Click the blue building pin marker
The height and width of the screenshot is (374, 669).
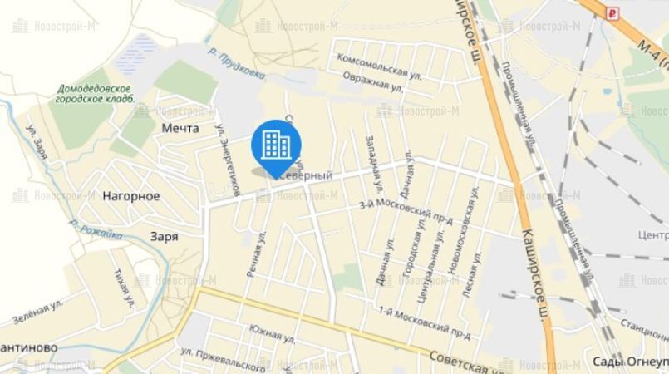point(275,145)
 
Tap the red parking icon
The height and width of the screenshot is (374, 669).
point(613,12)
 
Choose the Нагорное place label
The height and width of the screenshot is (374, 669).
point(130,196)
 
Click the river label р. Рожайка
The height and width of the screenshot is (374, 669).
point(96,229)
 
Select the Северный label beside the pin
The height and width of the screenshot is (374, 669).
point(309,175)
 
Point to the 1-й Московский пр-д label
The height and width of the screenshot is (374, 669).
point(424,322)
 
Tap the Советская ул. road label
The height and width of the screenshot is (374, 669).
point(465,359)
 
